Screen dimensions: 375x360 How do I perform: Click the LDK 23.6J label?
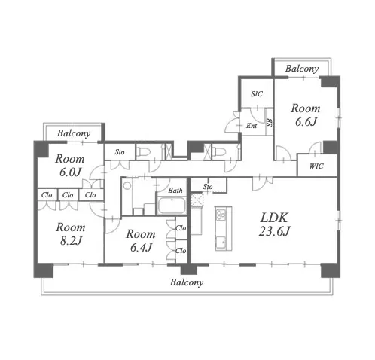pyautogui.click(x=274, y=224)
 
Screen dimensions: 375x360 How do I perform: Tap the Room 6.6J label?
pyautogui.click(x=306, y=115)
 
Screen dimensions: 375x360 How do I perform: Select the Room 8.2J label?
pyautogui.click(x=71, y=234)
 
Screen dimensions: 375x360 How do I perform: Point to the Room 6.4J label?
pyautogui.click(x=141, y=241)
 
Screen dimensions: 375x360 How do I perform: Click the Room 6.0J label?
pyautogui.click(x=70, y=166)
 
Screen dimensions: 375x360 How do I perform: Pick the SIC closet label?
pyautogui.click(x=257, y=94)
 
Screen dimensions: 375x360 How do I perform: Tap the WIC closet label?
pyautogui.click(x=316, y=166)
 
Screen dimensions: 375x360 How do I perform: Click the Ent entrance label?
pyautogui.click(x=252, y=126)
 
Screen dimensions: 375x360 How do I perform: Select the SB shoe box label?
pyautogui.click(x=270, y=122)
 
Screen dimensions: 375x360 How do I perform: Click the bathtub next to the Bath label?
pyautogui.click(x=172, y=206)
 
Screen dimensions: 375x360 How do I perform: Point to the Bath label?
pyautogui.click(x=175, y=191)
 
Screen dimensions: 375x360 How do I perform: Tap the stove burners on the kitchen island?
pyautogui.click(x=221, y=215)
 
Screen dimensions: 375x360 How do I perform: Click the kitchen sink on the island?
pyautogui.click(x=221, y=243)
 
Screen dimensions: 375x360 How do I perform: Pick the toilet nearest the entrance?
pyautogui.click(x=219, y=152)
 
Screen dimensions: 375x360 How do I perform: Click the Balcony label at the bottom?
pyautogui.click(x=187, y=282)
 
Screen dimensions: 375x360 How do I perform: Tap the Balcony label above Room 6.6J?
pyautogui.click(x=302, y=69)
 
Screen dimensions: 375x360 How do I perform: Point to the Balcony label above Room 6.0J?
pyautogui.click(x=74, y=133)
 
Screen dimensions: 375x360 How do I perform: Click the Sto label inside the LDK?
pyautogui.click(x=208, y=187)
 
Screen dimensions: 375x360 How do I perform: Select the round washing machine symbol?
pyautogui.click(x=127, y=186)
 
